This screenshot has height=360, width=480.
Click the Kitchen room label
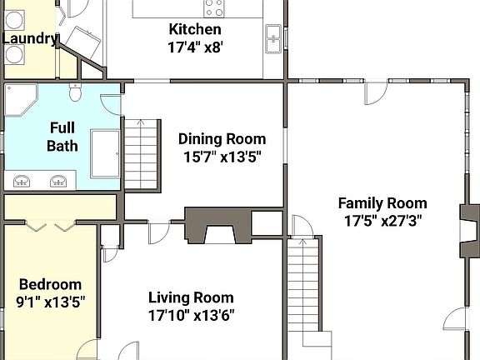(x=195, y=29)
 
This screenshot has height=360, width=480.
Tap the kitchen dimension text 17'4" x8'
(x=195, y=47)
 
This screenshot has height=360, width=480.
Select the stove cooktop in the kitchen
(x=214, y=8)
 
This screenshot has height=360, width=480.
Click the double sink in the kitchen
(x=273, y=39)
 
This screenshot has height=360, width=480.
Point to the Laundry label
(x=30, y=39)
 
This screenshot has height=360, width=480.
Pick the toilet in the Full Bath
(x=75, y=92)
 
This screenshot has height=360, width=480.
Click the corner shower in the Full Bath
(x=21, y=100)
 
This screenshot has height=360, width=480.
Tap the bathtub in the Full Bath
(x=105, y=153)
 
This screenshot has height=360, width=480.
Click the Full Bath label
(x=62, y=137)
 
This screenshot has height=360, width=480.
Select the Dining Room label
(x=222, y=139)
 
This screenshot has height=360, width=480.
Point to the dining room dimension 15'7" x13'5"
(x=222, y=157)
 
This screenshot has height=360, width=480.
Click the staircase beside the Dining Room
(x=141, y=155)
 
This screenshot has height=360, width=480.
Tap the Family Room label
(x=382, y=203)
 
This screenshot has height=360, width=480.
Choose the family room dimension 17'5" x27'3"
(x=382, y=221)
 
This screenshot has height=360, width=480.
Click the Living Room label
(x=191, y=297)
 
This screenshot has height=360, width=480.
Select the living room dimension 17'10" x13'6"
(x=192, y=315)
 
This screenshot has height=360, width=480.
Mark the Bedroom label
(x=50, y=285)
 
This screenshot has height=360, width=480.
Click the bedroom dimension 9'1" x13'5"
(x=50, y=302)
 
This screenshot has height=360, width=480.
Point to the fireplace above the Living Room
(x=218, y=226)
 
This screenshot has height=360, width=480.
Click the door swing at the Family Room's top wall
(x=376, y=93)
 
